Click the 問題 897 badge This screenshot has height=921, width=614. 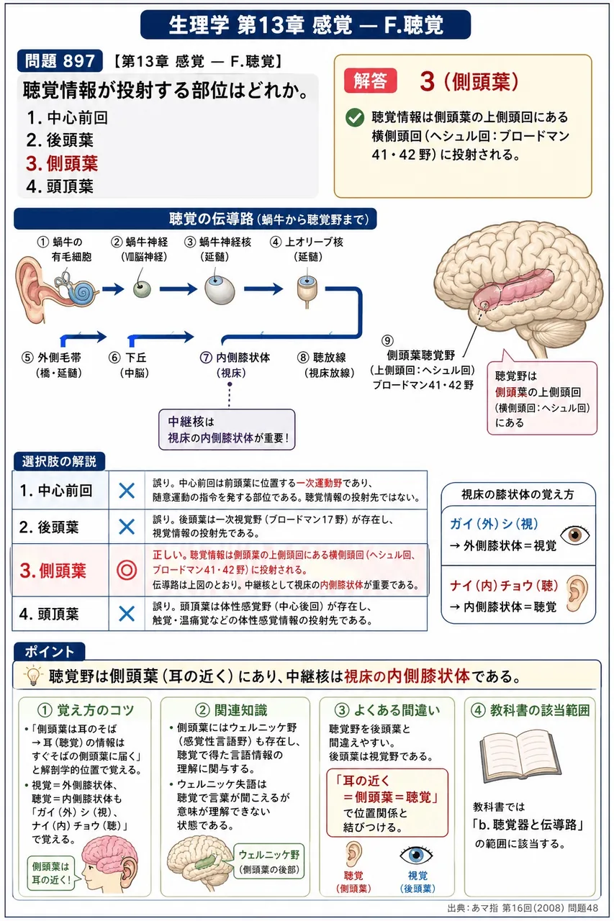coord(60,61)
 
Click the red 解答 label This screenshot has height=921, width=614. coord(370,80)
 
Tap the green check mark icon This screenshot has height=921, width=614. coord(354,117)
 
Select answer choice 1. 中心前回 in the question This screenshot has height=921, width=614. coord(67,117)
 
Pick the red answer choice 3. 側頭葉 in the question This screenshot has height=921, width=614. coord(62,163)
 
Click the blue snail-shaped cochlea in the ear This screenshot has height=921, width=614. coord(82,292)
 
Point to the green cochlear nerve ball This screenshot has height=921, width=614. coord(142,289)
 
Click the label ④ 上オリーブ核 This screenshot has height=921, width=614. coord(307,242)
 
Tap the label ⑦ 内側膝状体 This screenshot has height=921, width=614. coord(235,358)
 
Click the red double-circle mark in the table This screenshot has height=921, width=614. coord(127,571)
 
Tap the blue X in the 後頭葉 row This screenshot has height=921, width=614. coord(127,527)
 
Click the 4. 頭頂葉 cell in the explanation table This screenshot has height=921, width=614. coord(60,614)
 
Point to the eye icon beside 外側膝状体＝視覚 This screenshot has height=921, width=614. coord(574,535)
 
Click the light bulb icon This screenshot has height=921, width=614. coord(32,676)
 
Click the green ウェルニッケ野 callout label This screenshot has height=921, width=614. coord(269,861)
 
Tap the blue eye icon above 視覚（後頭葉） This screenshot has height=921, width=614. coord(416,855)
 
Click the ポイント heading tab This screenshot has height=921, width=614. coord(50,652)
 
